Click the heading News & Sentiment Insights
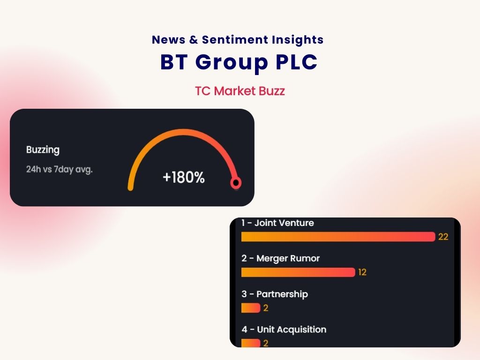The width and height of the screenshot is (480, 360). tap(238, 40)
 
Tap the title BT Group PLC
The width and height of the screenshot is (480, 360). tap(239, 63)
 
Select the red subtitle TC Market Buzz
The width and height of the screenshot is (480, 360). tap(240, 91)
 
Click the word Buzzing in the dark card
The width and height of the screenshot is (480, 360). tap(43, 150)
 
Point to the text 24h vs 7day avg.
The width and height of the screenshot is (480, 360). tap(59, 169)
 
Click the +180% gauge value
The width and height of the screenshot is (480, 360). tap(183, 178)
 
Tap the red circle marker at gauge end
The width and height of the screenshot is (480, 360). tap(235, 183)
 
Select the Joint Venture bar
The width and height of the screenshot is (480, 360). tap(338, 237)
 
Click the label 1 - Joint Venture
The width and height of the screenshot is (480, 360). tap(277, 223)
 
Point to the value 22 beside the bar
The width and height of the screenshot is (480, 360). tap(443, 237)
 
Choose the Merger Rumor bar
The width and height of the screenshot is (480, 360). tap(298, 272)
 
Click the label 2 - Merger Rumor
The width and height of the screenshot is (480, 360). tap(280, 259)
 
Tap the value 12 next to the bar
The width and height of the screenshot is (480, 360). tap(362, 272)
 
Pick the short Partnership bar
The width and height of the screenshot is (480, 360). tap(250, 308)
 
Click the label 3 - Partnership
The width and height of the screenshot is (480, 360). tap(275, 294)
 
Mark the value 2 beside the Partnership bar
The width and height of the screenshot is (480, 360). tap(266, 308)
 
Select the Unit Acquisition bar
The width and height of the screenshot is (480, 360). tap(250, 343)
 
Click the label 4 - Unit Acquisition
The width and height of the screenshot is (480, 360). tap(284, 330)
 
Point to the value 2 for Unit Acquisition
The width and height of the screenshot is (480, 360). tap(266, 343)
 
